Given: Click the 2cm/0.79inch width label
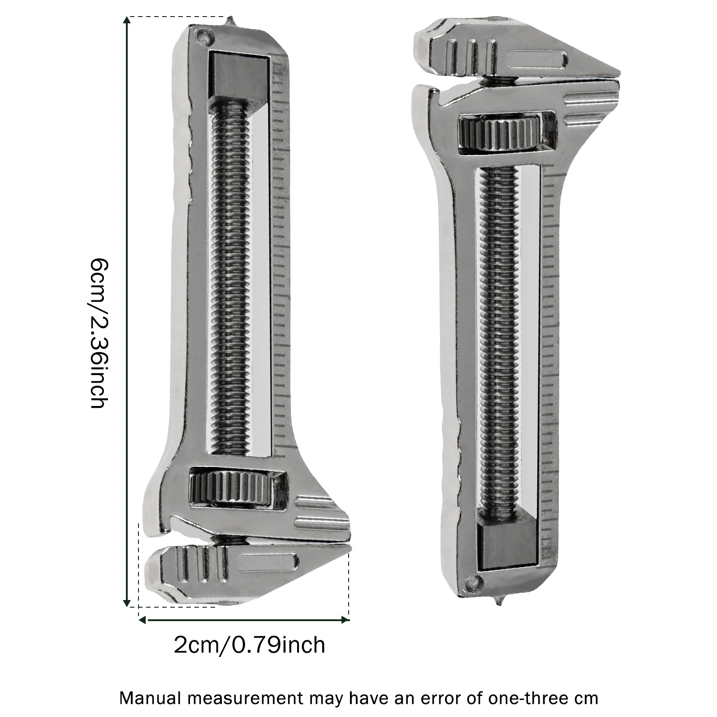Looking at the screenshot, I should click(249, 645).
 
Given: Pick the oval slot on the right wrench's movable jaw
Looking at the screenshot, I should click(536, 59).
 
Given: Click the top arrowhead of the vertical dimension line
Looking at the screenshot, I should click(128, 20).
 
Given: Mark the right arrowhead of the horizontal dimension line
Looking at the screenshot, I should click(346, 620).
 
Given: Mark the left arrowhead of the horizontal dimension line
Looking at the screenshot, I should click(142, 620).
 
